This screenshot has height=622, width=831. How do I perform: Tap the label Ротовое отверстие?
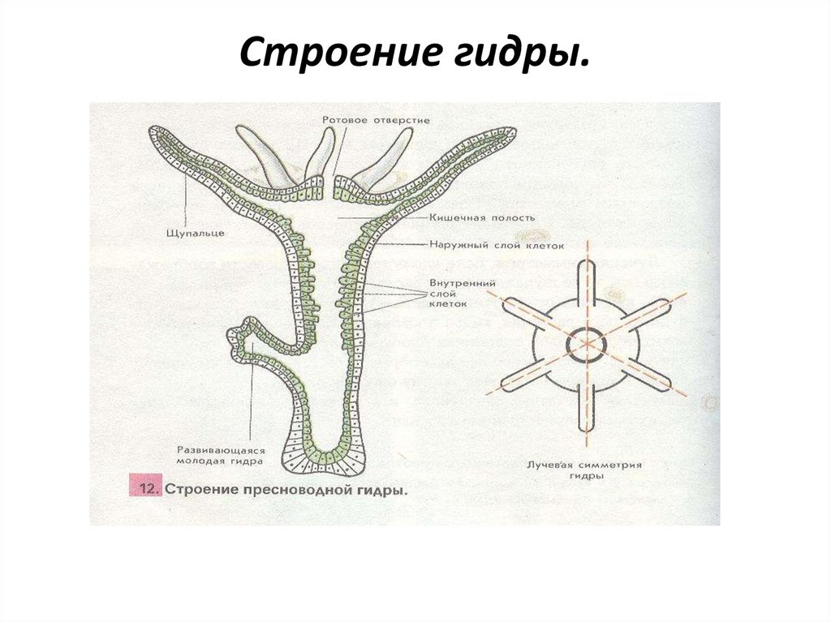[x=375, y=120]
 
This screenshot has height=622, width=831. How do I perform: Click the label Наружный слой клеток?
[x=496, y=244]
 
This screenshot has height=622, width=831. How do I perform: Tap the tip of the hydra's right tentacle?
[x=510, y=132]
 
